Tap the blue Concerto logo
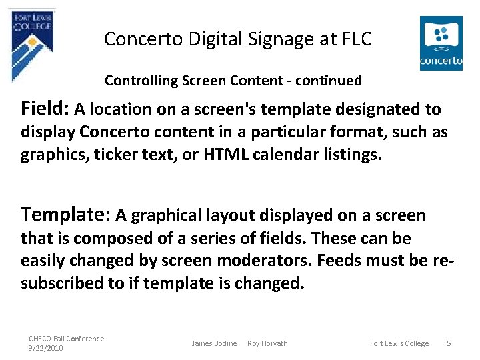(441, 43)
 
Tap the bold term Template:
(66, 214)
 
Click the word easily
(45, 260)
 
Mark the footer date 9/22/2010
(45, 348)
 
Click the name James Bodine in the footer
(214, 343)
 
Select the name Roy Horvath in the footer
(267, 343)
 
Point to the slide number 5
(449, 343)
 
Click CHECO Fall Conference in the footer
(66, 339)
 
